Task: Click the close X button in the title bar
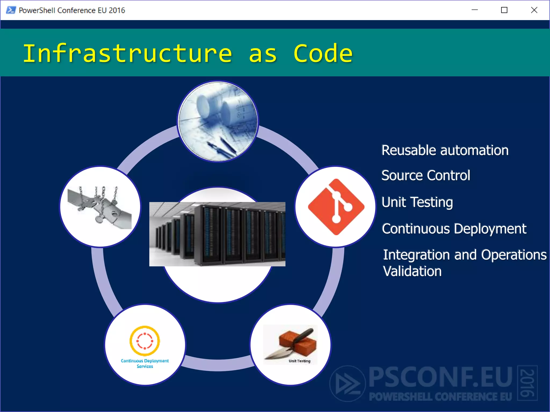pyautogui.click(x=534, y=10)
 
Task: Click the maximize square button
pyautogui.click(x=504, y=10)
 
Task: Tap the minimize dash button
pyautogui.click(x=475, y=10)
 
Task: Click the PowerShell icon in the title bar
pyautogui.click(x=11, y=10)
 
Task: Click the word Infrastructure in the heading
pyautogui.click(x=127, y=53)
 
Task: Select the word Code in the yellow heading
pyautogui.click(x=323, y=53)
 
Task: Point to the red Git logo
pyautogui.click(x=336, y=207)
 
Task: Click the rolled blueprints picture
pyautogui.click(x=218, y=122)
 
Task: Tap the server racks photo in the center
pyautogui.click(x=217, y=234)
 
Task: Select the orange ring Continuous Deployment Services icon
pyautogui.click(x=145, y=341)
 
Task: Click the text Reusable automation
pyautogui.click(x=445, y=150)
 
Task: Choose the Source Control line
pyautogui.click(x=426, y=175)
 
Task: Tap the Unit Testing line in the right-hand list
pyautogui.click(x=417, y=202)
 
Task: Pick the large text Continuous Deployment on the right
pyautogui.click(x=454, y=229)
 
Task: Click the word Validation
pyautogui.click(x=412, y=271)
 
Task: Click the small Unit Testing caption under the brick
pyautogui.click(x=299, y=361)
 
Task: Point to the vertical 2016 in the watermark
pyautogui.click(x=527, y=383)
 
